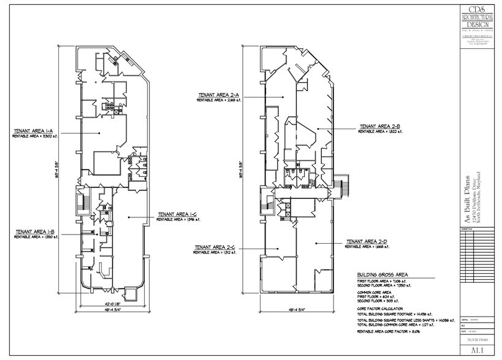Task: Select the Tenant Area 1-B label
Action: point(35,231)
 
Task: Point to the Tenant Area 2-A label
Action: point(218,95)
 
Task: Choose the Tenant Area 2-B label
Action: point(380,126)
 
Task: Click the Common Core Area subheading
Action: point(375,293)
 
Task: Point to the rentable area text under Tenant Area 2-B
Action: point(380,131)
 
